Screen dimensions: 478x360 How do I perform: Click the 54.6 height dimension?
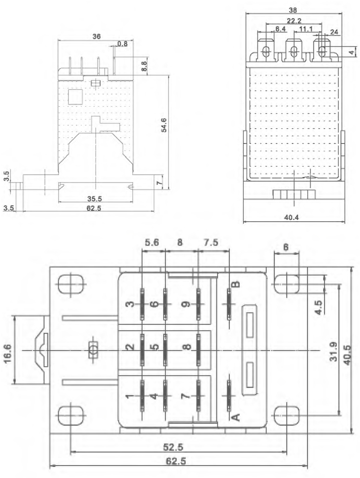tap(164, 129)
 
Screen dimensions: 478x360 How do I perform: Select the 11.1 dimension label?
tap(304, 30)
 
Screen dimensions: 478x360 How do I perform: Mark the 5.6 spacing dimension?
tap(153, 243)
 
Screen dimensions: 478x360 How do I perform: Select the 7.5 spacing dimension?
tap(211, 243)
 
